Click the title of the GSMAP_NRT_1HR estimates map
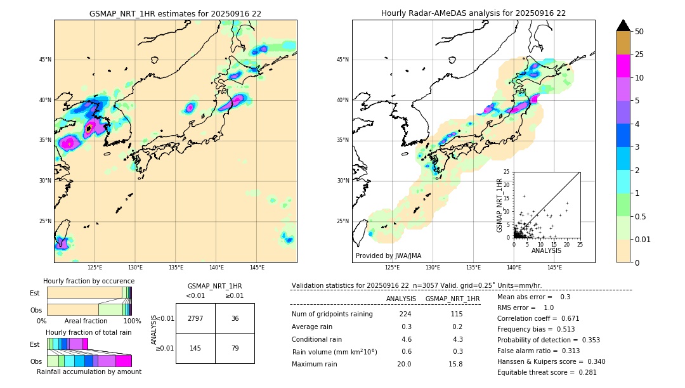click(x=175, y=13)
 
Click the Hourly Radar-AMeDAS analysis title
click(x=473, y=13)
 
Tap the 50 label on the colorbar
click(x=639, y=32)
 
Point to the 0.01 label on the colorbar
click(x=643, y=239)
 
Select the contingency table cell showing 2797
click(x=195, y=318)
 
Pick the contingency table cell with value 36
click(x=235, y=318)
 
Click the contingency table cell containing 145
click(x=195, y=348)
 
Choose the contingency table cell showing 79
click(x=235, y=348)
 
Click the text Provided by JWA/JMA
click(x=388, y=256)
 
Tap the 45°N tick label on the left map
click(x=45, y=60)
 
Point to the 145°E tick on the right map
click(x=554, y=268)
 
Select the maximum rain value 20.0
click(x=405, y=364)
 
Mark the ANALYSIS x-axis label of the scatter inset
click(x=546, y=250)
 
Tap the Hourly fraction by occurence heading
click(x=89, y=281)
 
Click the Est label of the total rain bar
click(x=35, y=344)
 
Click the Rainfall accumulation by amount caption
click(x=89, y=372)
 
